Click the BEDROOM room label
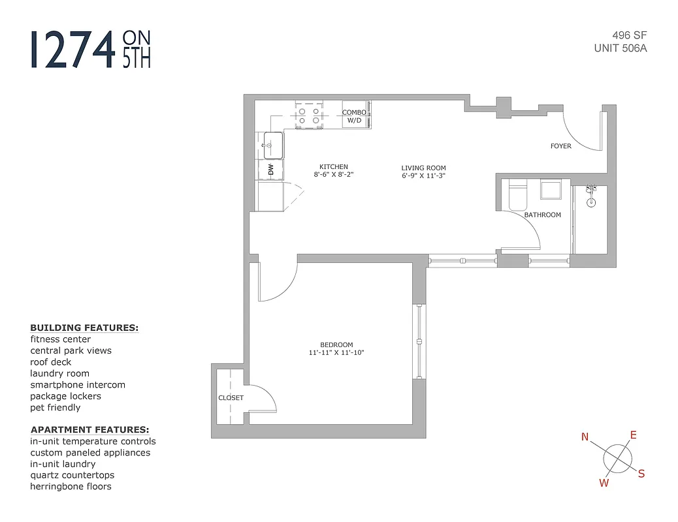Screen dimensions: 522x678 tap(336, 345)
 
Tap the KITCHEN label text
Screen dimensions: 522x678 tap(333, 166)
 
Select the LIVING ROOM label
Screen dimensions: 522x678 tap(423, 168)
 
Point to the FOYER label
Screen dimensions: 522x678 tap(560, 146)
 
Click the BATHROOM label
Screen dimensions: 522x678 tap(542, 215)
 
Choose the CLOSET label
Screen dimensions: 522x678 tap(231, 397)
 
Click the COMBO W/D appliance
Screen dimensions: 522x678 tap(353, 116)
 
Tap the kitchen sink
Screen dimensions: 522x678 tap(273, 145)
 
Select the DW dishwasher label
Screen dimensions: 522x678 tap(270, 170)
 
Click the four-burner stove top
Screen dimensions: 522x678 tap(309, 115)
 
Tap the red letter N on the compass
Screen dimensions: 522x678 tap(585, 437)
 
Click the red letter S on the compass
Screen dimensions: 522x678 tap(641, 474)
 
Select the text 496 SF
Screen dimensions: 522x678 tap(629, 35)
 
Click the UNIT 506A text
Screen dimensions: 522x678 tap(620, 48)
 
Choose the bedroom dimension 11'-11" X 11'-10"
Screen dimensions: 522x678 tap(336, 353)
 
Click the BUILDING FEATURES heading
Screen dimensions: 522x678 tap(84, 328)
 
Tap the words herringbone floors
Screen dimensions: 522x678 tap(71, 486)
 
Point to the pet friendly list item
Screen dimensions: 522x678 tap(56, 407)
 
